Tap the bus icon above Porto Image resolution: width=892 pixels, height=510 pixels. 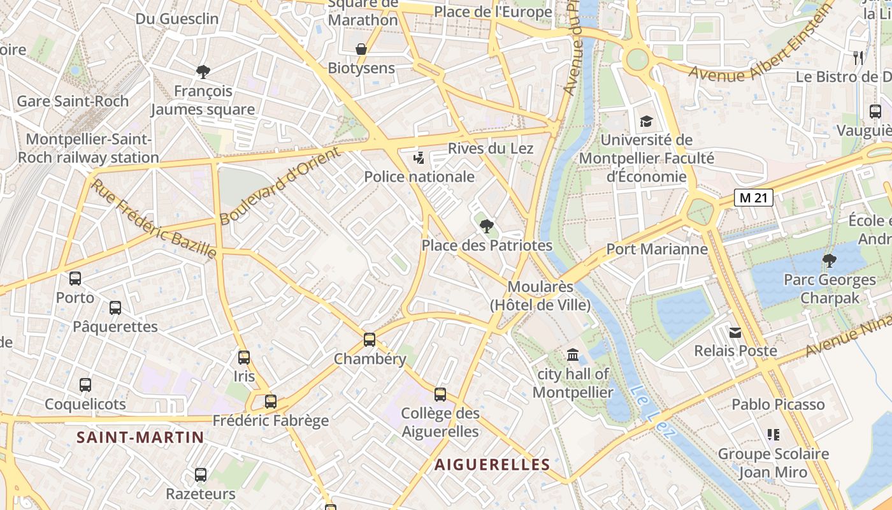tap(75, 279)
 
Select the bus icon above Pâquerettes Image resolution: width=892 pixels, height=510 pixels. tap(115, 308)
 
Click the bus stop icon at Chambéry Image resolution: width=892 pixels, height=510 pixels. tap(370, 340)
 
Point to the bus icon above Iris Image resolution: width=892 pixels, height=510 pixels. tap(244, 358)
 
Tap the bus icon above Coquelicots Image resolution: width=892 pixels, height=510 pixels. tap(85, 385)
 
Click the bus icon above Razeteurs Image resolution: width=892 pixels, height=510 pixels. tap(201, 475)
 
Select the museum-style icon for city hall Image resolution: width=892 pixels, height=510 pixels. tap(573, 355)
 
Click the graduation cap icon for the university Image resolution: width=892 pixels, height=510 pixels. tap(646, 121)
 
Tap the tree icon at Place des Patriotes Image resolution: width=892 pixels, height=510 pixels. tap(486, 226)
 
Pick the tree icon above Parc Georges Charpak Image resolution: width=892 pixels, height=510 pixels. tap(829, 260)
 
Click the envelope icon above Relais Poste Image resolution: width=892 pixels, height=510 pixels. tap(735, 332)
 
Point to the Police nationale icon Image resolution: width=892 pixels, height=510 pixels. tap(419, 157)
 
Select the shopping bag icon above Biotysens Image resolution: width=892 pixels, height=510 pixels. tap(361, 49)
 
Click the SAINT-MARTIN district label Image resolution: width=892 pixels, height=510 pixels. tap(140, 437)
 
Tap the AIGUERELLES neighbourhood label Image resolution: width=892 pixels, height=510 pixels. tap(492, 465)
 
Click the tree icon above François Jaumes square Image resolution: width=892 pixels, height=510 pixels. tap(203, 71)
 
